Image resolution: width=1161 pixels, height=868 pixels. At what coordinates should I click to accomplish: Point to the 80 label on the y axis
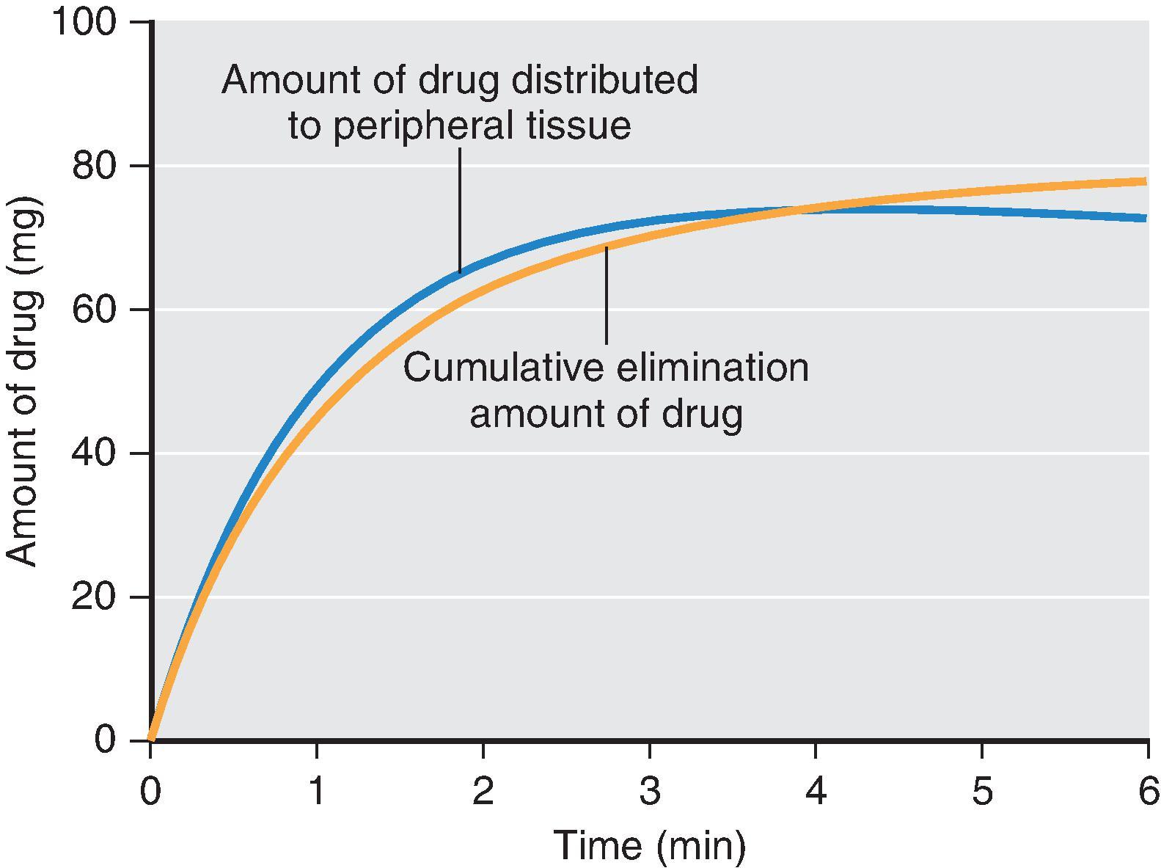point(95,167)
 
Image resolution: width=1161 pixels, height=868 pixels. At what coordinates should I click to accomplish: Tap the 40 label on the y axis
point(95,453)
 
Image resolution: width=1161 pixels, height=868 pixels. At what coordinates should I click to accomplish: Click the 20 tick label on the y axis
point(95,597)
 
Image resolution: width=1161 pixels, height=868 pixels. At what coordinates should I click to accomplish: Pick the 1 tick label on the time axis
point(317,792)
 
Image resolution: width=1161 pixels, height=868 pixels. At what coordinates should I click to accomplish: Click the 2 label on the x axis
point(483,792)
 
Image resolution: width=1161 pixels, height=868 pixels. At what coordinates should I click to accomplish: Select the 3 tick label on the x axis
point(649,792)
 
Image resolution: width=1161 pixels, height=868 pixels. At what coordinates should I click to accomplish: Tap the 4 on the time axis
point(816,792)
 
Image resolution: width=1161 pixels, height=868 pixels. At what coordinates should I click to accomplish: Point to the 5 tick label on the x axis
point(982,792)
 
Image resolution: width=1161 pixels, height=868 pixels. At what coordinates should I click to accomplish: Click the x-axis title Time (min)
point(650,845)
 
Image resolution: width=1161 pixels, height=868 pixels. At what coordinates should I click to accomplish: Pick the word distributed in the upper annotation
point(604,79)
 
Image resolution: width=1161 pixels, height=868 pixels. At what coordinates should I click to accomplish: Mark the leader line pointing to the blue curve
point(460,209)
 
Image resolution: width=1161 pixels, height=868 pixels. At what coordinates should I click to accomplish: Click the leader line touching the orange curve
point(607,293)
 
